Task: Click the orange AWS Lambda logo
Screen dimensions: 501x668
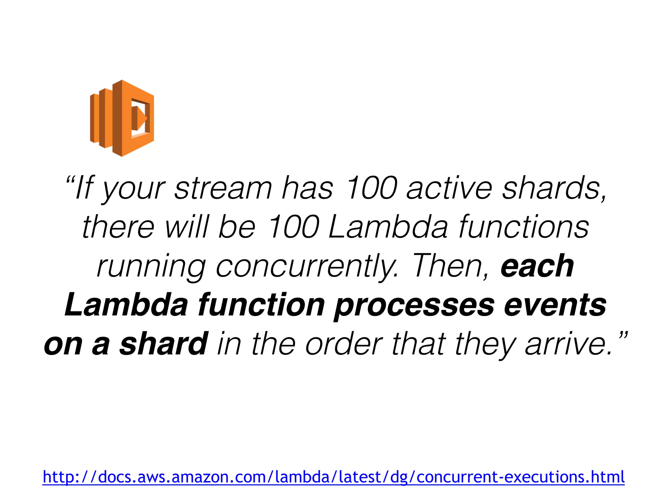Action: pos(122,118)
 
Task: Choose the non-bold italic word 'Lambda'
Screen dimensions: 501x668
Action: pos(388,227)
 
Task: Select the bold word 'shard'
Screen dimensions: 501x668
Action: pos(163,343)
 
